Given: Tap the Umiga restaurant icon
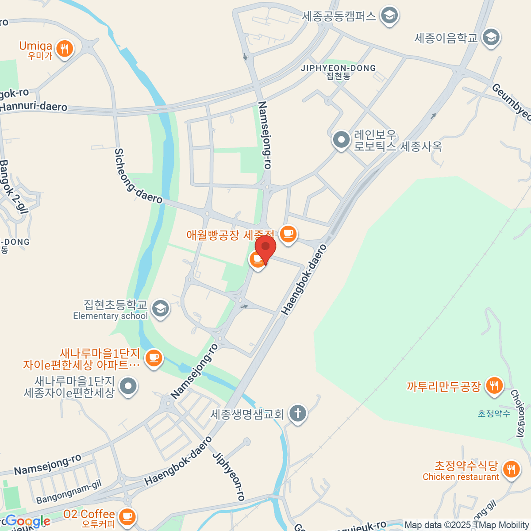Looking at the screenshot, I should point(65,48).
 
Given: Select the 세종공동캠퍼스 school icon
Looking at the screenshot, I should point(389,15).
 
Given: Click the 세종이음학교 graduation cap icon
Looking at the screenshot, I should point(491,38).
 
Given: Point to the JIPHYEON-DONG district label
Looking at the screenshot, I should point(338,68).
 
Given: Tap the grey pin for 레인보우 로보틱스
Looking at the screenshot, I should point(341,140).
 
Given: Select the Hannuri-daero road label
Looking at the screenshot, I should point(34,107).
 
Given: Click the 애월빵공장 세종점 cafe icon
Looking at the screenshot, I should point(288,233).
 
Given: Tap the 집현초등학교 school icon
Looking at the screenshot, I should point(160,308).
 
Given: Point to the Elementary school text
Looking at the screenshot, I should point(110,316).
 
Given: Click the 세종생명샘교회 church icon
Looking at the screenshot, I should point(298,414).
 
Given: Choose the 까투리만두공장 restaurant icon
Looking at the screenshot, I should point(494,386).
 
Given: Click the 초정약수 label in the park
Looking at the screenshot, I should point(494,414).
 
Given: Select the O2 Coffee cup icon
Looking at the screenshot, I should point(127,516).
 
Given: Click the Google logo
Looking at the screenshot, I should point(27,521).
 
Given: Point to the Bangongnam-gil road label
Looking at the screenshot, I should point(69,492).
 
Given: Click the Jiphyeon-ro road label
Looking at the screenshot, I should point(229,476).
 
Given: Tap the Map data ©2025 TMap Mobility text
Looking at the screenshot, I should point(466,525).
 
